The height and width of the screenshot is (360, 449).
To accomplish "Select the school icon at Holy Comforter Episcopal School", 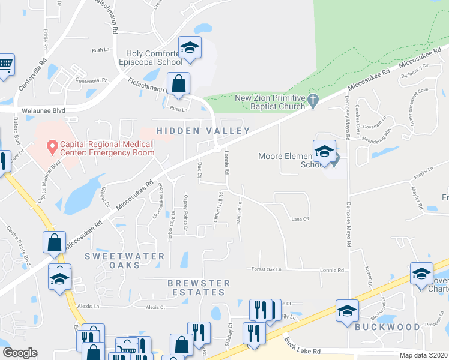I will tap(190, 48).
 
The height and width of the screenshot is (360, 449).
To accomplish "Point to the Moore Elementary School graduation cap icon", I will tap(324, 151).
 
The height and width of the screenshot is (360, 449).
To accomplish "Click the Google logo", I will tap(20, 353).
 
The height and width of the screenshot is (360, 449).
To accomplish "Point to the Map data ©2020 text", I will tap(424, 355).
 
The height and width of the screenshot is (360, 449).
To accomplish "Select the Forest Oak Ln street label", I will tap(267, 269).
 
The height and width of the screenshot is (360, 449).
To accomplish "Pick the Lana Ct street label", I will tap(300, 219).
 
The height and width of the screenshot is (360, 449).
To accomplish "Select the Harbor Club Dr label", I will tap(172, 226).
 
